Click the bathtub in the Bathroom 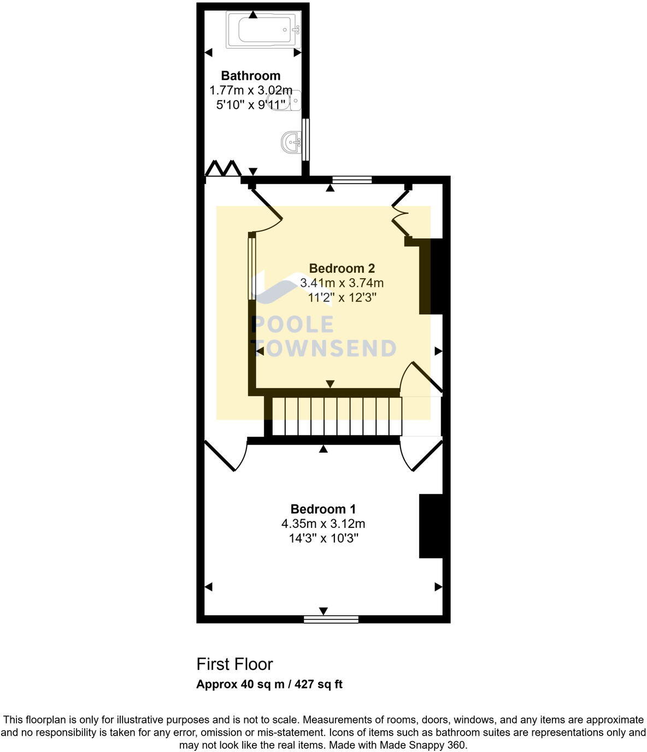coord(263,30)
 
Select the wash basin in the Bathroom coord(291,143)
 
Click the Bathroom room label coord(250,75)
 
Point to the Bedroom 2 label coord(342,268)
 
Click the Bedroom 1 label coord(323,509)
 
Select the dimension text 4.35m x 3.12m coord(323,524)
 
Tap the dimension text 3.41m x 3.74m coord(342,283)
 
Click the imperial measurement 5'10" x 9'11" coord(250,105)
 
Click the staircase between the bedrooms coord(336,416)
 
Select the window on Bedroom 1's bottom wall coord(331,619)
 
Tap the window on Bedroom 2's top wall coord(352,179)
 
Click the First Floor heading coord(234,664)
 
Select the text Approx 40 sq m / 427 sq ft coord(269,684)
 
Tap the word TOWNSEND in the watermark coord(323,349)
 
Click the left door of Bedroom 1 coord(221,455)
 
